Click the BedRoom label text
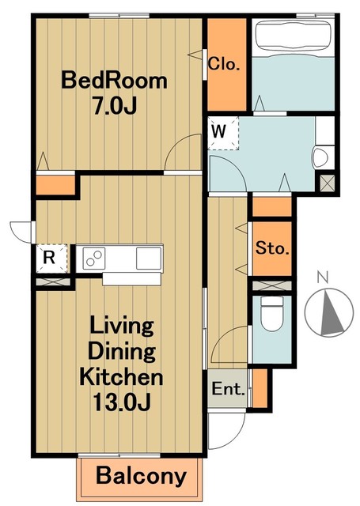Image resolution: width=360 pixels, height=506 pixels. pyautogui.click(x=114, y=81)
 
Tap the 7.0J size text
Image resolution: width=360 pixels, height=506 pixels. pyautogui.click(x=114, y=106)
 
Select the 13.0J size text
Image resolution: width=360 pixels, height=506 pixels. pyautogui.click(x=121, y=402)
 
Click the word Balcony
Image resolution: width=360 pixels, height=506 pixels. pyautogui.click(x=141, y=477)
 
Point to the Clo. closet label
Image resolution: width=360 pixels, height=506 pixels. pyautogui.click(x=224, y=64)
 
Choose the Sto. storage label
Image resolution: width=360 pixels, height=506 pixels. pyautogui.click(x=272, y=248)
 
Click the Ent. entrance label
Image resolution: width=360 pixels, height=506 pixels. pyautogui.click(x=228, y=389)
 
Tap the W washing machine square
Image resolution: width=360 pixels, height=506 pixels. pyautogui.click(x=223, y=134)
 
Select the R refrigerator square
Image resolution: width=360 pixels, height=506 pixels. pyautogui.click(x=51, y=259)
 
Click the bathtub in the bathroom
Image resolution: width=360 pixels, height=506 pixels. pyautogui.click(x=294, y=36)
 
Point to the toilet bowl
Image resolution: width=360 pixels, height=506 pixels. pyautogui.click(x=272, y=315)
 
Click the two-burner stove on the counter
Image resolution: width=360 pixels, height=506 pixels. pyautogui.click(x=94, y=259)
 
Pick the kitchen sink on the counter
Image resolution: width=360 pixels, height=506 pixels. pyautogui.click(x=149, y=259)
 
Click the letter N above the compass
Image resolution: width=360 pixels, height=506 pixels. pyautogui.click(x=322, y=277)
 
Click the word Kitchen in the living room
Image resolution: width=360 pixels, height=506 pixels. pyautogui.click(x=121, y=376)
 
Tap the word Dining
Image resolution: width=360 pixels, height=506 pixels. pyautogui.click(x=122, y=351)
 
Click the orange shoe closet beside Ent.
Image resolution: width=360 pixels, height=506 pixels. pyautogui.click(x=260, y=388)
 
